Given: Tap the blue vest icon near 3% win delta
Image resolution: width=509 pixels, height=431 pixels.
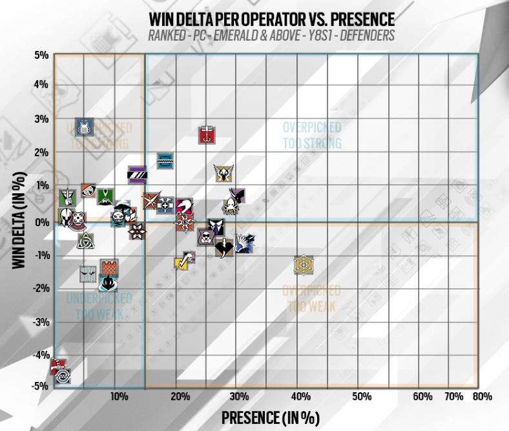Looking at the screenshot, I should pyautogui.click(x=84, y=127).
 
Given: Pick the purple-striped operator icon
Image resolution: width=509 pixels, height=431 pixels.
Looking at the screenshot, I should pyautogui.click(x=137, y=174).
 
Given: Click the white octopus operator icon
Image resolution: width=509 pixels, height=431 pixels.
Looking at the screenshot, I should pyautogui.click(x=230, y=206).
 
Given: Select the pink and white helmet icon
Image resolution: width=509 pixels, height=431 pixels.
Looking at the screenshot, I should pyautogui.click(x=184, y=207).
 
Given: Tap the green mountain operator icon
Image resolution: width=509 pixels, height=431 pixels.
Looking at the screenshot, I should pyautogui.click(x=105, y=196).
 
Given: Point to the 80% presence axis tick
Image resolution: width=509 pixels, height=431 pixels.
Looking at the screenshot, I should pyautogui.click(x=482, y=395).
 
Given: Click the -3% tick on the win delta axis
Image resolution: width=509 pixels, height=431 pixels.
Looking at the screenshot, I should pyautogui.click(x=41, y=321).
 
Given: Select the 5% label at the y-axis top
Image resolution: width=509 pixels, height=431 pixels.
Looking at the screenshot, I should pyautogui.click(x=41, y=56).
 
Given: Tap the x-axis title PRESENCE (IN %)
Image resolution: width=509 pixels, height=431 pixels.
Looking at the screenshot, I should pyautogui.click(x=271, y=417).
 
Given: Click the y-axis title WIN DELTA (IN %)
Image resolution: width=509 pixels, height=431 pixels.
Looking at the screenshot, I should pyautogui.click(x=19, y=220).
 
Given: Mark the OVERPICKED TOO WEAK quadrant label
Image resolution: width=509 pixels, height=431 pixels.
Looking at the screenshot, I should pyautogui.click(x=311, y=299).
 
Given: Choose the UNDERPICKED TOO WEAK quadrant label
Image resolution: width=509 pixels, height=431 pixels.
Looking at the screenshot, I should pyautogui.click(x=99, y=306).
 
